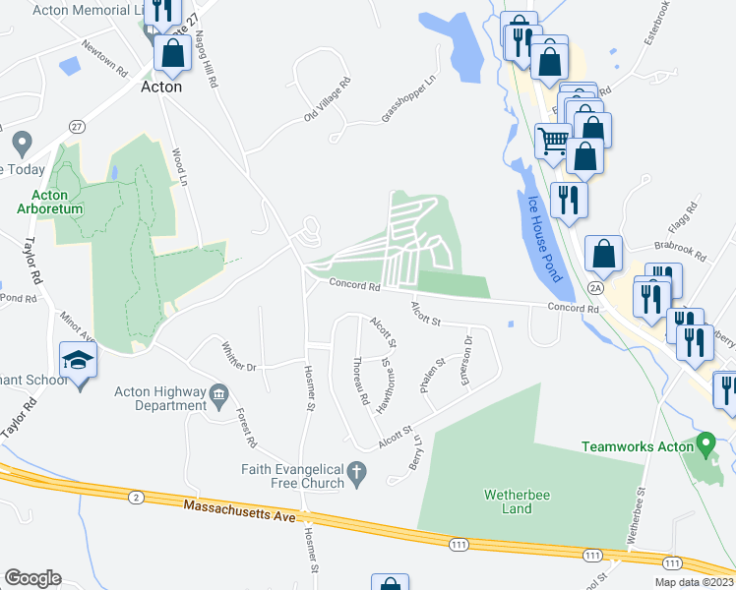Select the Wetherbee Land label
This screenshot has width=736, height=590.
[508, 501]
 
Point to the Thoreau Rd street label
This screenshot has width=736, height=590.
[359, 382]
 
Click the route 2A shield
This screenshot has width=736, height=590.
[594, 287]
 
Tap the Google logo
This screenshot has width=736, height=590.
[32, 578]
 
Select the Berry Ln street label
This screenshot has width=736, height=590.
[416, 452]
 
